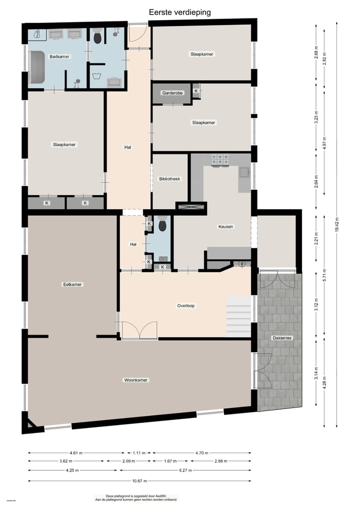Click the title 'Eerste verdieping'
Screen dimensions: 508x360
(x=179, y=11)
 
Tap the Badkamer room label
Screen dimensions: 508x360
(x=59, y=57)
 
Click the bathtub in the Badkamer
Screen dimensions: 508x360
(x=37, y=68)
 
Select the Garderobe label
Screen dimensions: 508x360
(x=172, y=93)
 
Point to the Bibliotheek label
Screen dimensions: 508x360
(x=169, y=179)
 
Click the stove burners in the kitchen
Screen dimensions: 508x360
(x=220, y=160)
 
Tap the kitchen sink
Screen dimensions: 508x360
(x=244, y=172)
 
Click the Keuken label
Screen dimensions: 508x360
(x=226, y=226)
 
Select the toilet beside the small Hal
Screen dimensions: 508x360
(x=162, y=226)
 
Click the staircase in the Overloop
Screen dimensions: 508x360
(x=238, y=317)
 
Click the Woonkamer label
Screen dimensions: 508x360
(x=136, y=380)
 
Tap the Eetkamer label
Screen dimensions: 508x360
(x=72, y=284)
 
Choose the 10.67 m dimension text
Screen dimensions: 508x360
(x=139, y=481)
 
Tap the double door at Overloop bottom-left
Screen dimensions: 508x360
(x=139, y=331)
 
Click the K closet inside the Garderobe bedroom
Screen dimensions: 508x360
(x=196, y=91)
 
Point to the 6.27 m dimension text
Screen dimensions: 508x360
(x=201, y=470)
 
